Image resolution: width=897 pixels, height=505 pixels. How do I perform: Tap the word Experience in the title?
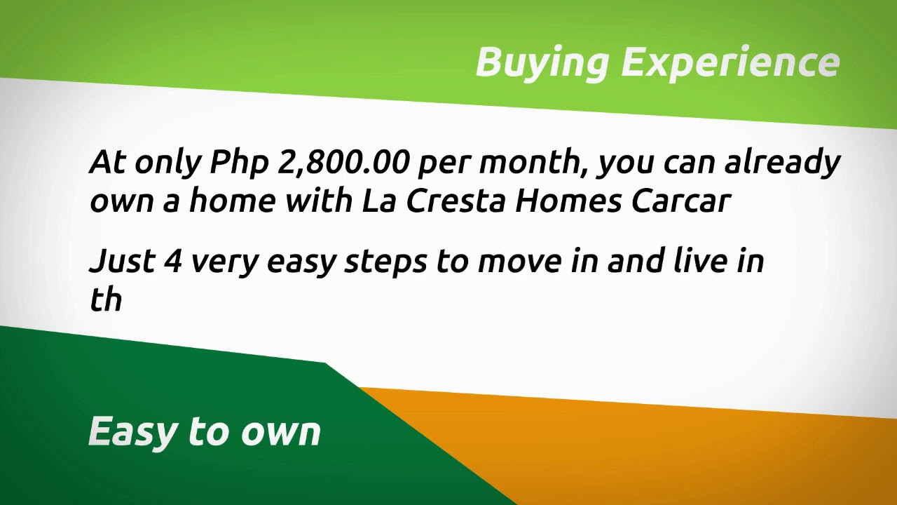730,63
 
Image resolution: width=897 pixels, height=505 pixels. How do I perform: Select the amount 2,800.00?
343,163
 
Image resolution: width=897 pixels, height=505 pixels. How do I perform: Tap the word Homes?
568,201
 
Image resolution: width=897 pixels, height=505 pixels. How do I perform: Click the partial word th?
106,299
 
